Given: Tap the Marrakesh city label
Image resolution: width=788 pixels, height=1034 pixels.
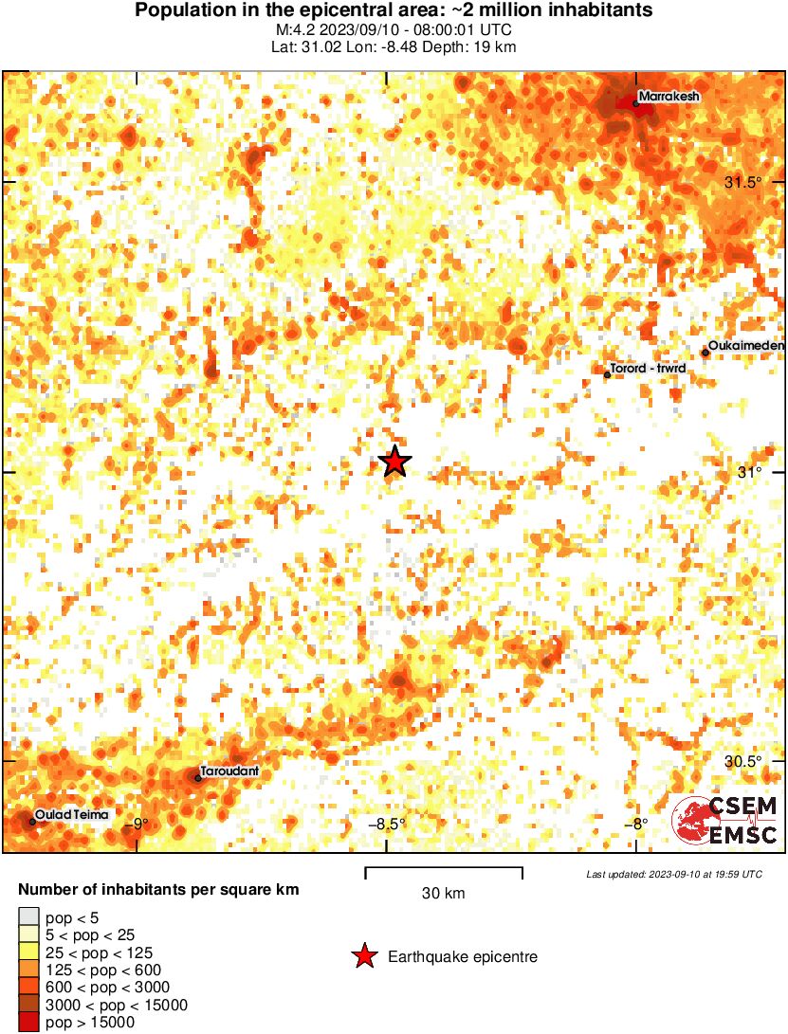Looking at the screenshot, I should click(x=669, y=97).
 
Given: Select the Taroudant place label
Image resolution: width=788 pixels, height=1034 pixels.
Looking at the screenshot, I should click(x=229, y=771).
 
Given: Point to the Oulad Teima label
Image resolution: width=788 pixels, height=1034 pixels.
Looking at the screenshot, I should click(x=71, y=815).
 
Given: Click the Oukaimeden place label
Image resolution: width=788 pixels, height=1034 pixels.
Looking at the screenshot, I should click(x=747, y=346).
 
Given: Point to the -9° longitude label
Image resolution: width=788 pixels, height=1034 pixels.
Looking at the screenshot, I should click(x=138, y=824).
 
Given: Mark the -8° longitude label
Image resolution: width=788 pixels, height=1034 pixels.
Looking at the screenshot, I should click(x=635, y=824).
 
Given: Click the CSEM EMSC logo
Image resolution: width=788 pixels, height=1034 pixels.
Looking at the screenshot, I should click(x=726, y=821).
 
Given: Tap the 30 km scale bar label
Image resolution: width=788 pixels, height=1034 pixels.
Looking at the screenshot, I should click(x=443, y=893).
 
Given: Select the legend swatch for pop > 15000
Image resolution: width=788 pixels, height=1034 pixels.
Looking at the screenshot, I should click(x=28, y=1022).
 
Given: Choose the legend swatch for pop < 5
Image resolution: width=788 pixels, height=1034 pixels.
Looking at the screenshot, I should click(x=28, y=917).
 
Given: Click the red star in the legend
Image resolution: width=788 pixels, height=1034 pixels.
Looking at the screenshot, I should click(x=364, y=957).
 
